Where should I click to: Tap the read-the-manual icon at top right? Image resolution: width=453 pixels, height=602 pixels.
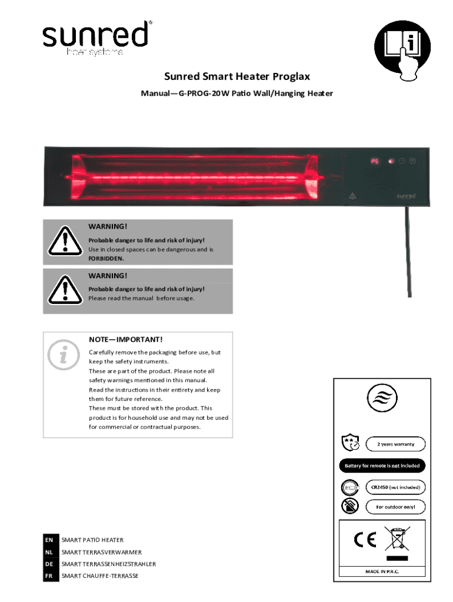click(403, 52)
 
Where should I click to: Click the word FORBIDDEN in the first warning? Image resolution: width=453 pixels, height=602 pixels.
click(106, 258)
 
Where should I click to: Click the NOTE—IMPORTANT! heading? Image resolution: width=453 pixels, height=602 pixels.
click(125, 340)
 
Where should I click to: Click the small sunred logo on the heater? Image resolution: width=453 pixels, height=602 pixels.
click(405, 195)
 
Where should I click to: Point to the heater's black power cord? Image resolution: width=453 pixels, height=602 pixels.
click(408, 253)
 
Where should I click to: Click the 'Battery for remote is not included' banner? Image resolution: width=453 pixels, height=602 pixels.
click(382, 466)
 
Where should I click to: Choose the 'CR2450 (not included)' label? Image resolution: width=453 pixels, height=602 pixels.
click(396, 487)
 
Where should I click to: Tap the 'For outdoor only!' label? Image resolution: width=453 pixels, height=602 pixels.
click(396, 506)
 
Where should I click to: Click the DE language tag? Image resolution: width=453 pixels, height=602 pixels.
click(50, 564)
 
